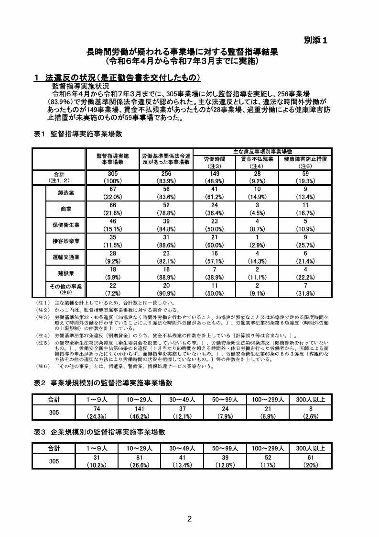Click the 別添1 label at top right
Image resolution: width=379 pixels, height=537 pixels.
point(315,41)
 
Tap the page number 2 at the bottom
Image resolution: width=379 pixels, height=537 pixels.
point(189,519)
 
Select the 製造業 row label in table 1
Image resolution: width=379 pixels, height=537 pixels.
point(65,192)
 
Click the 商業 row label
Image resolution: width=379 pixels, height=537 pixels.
point(65,209)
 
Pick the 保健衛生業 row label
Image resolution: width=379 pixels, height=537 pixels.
point(65,225)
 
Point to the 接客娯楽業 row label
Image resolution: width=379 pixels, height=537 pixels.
point(65,241)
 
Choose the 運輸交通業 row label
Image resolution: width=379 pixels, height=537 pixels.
point(65,257)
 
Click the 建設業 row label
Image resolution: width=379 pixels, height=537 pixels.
point(65,273)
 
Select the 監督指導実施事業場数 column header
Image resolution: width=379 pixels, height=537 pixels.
point(113,159)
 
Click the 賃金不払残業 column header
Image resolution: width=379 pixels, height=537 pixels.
point(257,159)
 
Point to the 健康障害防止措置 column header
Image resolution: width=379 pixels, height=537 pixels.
point(305,159)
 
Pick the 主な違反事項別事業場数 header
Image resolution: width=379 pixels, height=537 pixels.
point(262,151)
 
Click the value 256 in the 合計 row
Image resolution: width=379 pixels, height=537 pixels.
point(166,174)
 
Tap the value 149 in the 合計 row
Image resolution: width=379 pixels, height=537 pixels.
point(214,174)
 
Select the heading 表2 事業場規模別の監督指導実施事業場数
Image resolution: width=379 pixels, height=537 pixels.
point(103,383)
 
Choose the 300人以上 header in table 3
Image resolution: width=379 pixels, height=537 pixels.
point(311,448)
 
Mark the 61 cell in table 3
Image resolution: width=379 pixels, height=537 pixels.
point(311,458)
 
